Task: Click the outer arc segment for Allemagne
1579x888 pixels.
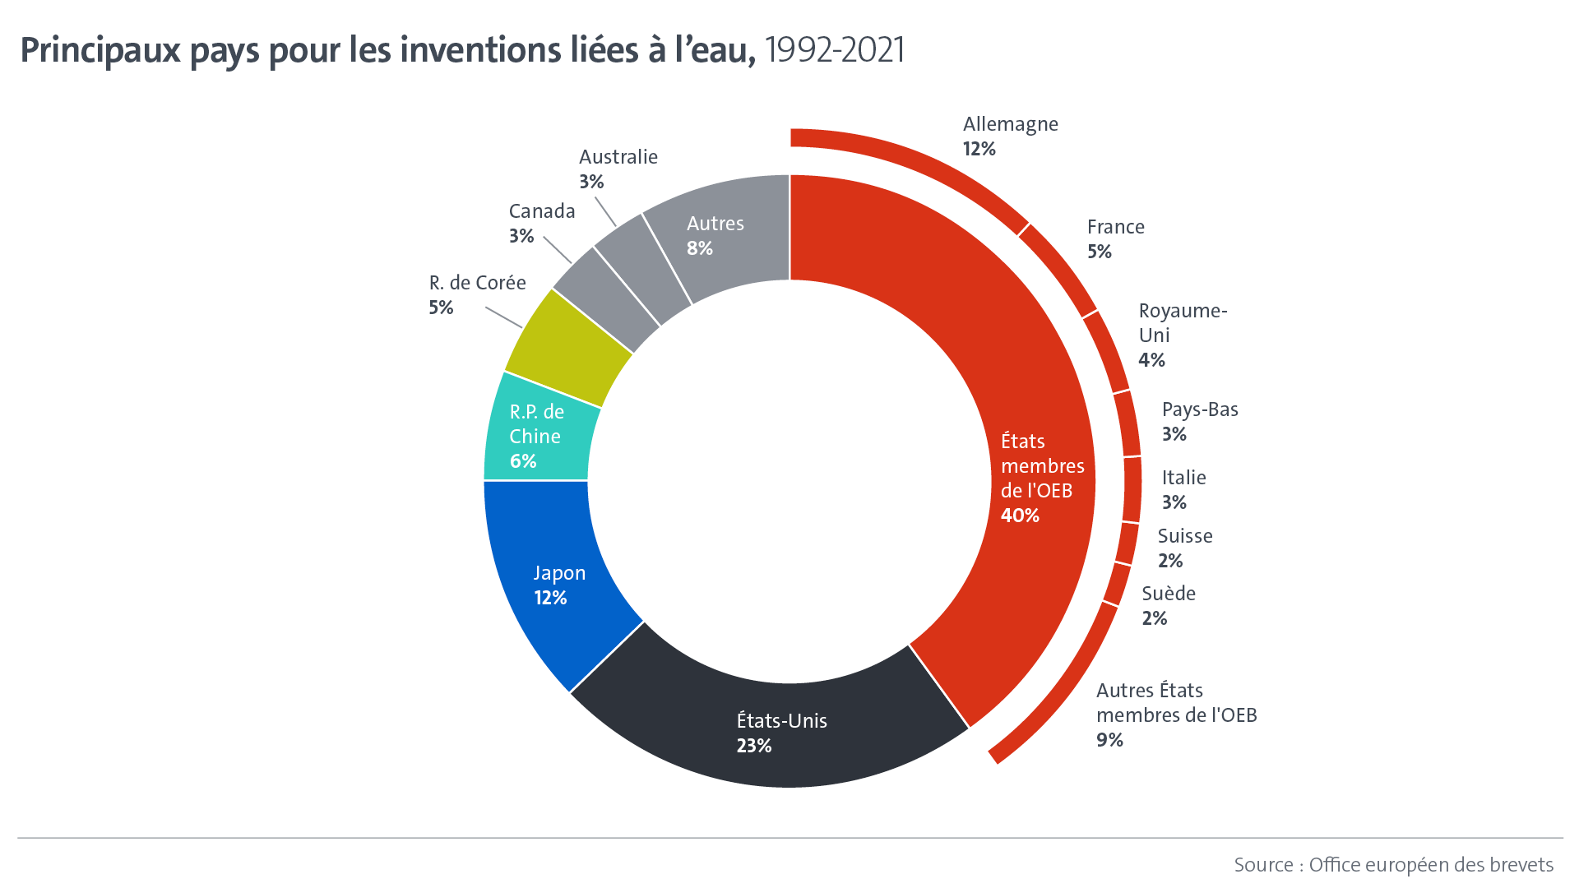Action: (x=913, y=161)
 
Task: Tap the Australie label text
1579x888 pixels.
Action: (x=618, y=157)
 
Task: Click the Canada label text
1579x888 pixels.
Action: (x=542, y=211)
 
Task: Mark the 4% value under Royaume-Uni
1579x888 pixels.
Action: (x=1151, y=360)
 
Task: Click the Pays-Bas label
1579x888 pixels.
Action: (x=1200, y=409)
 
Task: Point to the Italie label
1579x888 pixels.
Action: (x=1183, y=478)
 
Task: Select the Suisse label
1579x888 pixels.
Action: (x=1185, y=536)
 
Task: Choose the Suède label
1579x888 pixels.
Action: (x=1169, y=594)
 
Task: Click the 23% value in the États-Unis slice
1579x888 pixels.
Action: (x=754, y=746)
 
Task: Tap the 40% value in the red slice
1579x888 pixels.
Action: (x=1020, y=516)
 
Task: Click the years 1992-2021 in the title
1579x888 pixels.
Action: (x=834, y=50)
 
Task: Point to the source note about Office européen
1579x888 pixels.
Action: (x=1393, y=865)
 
